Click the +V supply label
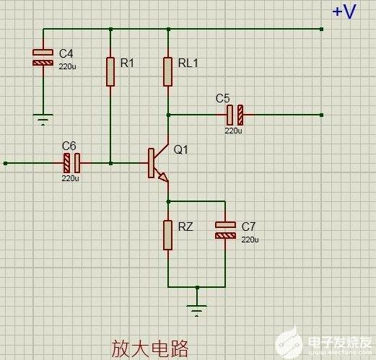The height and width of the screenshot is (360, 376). [x=344, y=12]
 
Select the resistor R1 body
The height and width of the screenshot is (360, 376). [x=110, y=71]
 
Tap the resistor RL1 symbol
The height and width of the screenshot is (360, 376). [x=167, y=71]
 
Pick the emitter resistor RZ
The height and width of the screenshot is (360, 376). [x=167, y=235]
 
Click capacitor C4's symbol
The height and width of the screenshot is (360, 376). [x=43, y=58]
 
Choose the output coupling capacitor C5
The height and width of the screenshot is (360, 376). [x=235, y=115]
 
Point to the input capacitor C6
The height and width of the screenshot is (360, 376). [x=71, y=163]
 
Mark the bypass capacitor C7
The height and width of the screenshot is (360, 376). [x=225, y=230]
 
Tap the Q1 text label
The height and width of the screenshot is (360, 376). [x=180, y=149]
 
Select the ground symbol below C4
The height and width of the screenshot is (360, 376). [x=43, y=120]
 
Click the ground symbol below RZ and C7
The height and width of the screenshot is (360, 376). [x=196, y=311]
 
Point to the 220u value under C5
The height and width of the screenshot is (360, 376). [x=233, y=131]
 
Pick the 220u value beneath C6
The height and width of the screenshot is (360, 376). [x=70, y=178]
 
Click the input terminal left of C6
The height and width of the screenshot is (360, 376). [x=6, y=164]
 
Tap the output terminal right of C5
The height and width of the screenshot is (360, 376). [x=321, y=115]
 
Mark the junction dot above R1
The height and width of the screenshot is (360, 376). [x=110, y=30]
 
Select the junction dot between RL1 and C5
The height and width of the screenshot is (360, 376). [x=168, y=115]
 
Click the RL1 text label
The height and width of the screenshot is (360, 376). [x=188, y=63]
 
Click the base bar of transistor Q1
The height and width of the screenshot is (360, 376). [x=151, y=163]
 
